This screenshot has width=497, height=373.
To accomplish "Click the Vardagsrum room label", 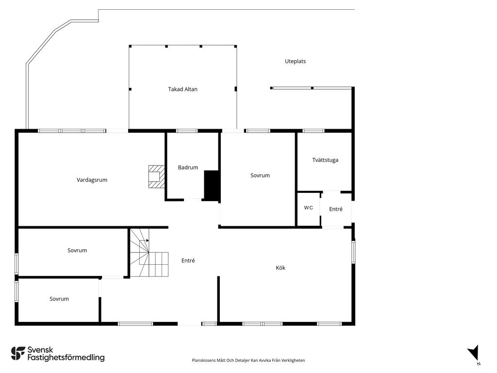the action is point(92,180).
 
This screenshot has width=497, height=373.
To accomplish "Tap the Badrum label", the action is point(188,168).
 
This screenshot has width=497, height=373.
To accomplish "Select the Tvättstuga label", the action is point(325,160).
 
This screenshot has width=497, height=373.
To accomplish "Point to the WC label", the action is point(308,208).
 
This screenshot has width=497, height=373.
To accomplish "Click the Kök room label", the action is point(281,268).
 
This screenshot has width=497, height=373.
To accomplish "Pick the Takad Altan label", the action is point(182,89).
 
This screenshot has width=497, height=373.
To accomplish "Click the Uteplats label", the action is point(296,62).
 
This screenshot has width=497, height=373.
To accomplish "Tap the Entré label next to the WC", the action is point(336,209).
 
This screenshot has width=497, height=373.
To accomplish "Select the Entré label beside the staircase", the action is point(188,260).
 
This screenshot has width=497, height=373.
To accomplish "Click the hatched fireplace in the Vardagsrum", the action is point(157,176).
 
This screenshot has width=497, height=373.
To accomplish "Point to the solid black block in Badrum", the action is point(212,186).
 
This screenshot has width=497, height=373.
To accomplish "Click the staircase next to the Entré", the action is point(149,253).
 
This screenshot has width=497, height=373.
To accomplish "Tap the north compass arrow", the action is point(473,353).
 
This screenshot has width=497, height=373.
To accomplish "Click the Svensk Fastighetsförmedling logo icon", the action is point(18,354).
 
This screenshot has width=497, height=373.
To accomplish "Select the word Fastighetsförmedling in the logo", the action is point(66,357).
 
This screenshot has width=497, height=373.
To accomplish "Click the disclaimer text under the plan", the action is point(248,360).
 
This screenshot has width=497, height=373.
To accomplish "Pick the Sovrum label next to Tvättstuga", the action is point(260,175).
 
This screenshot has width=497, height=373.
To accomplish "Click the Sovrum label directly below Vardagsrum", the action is point(77,250).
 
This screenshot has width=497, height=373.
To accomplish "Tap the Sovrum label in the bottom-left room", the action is point(59,299).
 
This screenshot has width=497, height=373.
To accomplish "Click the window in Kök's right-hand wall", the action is point(353,252).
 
